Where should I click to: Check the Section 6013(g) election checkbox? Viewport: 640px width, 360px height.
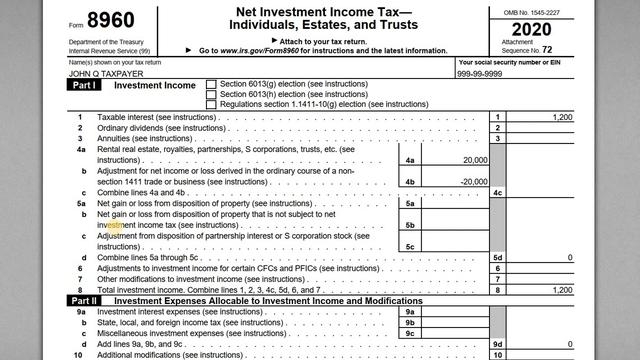coord(210,84)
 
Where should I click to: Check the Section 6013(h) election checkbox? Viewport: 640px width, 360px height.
coord(210,94)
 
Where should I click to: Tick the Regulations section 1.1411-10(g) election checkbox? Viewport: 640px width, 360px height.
coord(210,104)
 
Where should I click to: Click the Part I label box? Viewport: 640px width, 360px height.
coord(83,86)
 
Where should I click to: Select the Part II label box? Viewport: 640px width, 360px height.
coord(83,300)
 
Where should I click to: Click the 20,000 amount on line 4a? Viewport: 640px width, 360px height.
coord(469,160)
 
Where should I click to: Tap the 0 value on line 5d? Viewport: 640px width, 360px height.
coord(569,258)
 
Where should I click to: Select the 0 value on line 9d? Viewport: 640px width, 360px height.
coord(569,343)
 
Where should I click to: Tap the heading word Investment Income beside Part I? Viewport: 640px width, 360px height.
coord(155,86)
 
